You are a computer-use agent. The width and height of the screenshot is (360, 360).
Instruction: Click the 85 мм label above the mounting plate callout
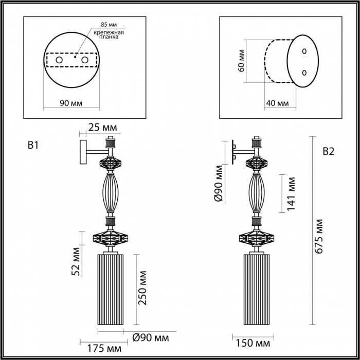[x=109, y=24]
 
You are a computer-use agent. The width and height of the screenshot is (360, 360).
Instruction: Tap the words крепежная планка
[x=109, y=34]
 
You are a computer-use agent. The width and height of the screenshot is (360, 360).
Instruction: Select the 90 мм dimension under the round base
[x=71, y=103]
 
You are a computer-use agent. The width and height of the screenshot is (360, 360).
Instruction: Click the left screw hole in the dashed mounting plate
[x=59, y=60]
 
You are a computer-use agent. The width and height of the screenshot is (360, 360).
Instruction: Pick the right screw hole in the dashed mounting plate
[x=85, y=60]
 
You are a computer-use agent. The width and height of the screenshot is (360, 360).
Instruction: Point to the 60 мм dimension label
[x=241, y=61]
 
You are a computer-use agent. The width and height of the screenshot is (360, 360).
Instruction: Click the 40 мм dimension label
[x=277, y=103]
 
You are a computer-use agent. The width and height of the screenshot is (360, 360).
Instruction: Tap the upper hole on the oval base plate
[x=304, y=51]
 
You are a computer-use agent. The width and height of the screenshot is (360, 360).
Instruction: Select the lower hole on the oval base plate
[x=304, y=73]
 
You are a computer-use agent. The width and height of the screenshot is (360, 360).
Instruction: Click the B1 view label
[x=33, y=146]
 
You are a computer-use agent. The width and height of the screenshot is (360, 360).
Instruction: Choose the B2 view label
[x=329, y=152]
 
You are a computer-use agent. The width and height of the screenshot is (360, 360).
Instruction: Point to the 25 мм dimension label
[x=103, y=127]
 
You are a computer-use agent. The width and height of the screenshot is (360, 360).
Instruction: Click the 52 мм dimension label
[x=76, y=261]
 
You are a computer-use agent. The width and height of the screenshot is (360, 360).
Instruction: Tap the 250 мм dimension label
[x=142, y=288]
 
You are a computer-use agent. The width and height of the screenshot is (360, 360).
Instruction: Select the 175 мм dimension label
[x=104, y=349]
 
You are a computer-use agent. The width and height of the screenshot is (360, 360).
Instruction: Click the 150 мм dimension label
[x=253, y=344]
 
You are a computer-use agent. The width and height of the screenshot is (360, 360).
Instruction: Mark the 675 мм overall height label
[x=319, y=237]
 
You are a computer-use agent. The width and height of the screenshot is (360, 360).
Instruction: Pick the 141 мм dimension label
[x=291, y=194]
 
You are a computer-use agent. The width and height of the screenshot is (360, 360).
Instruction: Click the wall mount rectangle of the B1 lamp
[x=83, y=152]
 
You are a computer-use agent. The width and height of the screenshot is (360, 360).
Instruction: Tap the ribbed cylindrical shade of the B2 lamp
[x=257, y=289]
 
